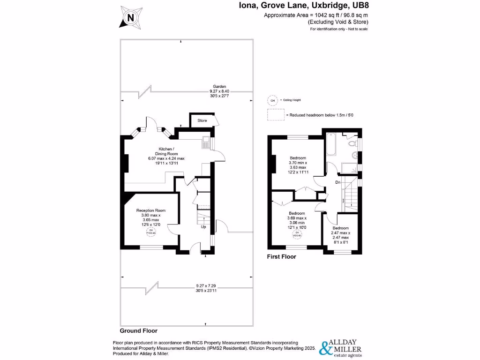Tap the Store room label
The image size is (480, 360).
click(x=202, y=120)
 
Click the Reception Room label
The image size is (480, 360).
click(x=151, y=210)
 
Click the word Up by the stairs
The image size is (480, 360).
click(x=203, y=227)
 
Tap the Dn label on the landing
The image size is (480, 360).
click(x=337, y=182)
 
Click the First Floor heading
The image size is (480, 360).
click(x=281, y=257)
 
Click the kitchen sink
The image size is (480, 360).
click(x=206, y=142)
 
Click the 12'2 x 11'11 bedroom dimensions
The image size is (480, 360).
click(x=298, y=172)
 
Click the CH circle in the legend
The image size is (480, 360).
click(x=272, y=100)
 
